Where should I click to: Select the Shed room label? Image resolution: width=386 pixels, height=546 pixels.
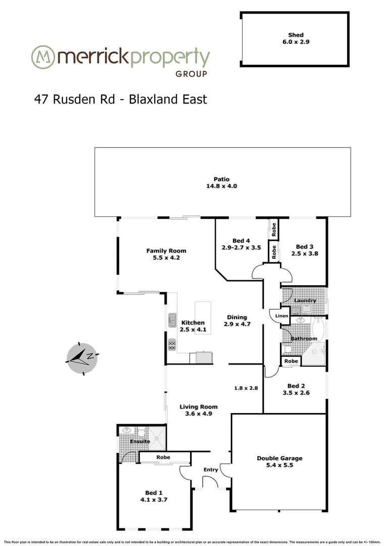(296, 35)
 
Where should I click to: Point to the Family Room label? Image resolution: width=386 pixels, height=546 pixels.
(166, 251)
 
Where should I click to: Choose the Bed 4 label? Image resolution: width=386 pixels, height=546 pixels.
(241, 240)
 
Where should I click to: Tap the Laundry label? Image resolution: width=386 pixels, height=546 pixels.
(305, 300)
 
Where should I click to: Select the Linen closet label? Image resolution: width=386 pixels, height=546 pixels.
(281, 316)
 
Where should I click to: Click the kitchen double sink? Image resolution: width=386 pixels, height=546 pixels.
(172, 321)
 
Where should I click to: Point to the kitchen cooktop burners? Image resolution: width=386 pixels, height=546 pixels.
(172, 344)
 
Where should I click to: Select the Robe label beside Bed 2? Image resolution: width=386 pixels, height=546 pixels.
(291, 361)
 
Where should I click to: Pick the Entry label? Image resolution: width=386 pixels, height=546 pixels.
(211, 470)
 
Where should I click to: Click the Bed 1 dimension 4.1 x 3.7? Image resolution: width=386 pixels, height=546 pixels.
(154, 499)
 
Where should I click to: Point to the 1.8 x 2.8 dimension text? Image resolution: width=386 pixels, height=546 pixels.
(246, 388)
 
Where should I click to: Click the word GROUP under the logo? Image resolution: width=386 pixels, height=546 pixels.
(191, 74)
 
